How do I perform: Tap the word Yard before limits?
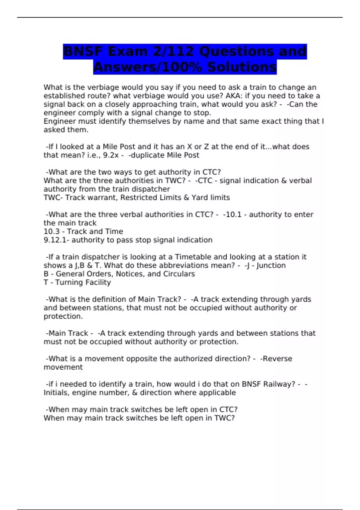tap(200, 198)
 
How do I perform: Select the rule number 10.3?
tap(51, 232)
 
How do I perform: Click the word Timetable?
tap(193, 257)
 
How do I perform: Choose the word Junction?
tap(271, 265)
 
